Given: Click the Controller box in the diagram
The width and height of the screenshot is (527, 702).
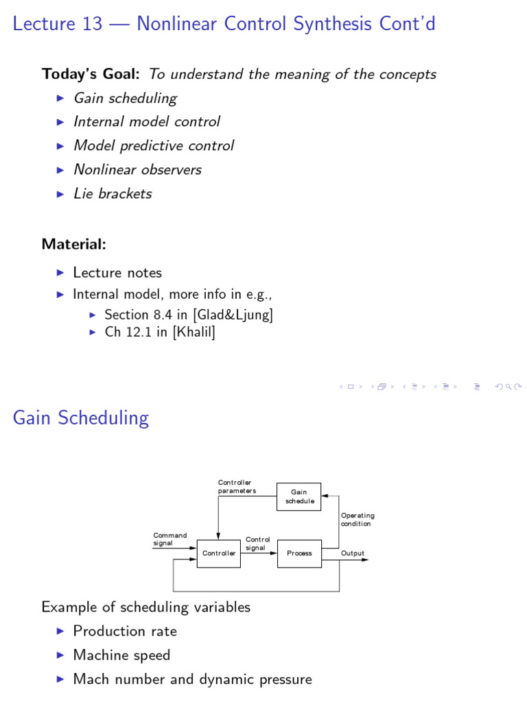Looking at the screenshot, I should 219,553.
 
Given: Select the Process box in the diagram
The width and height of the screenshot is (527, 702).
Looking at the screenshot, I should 299,553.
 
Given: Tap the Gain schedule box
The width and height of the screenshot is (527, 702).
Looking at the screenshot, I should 299,496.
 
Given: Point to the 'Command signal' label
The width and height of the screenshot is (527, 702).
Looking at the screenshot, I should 169,539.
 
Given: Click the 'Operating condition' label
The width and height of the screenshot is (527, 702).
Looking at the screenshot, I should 358,519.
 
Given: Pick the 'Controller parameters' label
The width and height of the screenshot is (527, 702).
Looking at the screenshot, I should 237,487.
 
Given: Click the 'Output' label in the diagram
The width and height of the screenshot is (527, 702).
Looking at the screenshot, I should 353,553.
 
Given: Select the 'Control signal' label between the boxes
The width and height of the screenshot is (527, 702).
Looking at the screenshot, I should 258,544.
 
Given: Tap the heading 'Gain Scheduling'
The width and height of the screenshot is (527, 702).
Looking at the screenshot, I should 81,418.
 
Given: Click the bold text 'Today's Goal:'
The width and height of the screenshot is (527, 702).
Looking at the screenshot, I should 93,74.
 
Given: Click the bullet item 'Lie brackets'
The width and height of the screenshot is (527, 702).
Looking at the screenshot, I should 113,193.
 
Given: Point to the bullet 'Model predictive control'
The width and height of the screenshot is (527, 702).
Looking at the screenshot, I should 154,145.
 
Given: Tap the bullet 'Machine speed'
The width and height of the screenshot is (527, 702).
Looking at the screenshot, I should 121,655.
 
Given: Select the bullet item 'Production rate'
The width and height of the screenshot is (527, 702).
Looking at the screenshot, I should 125,631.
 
